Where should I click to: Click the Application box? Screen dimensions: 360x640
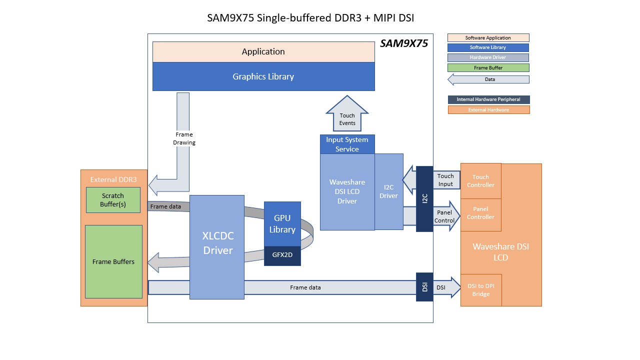pos(263,52)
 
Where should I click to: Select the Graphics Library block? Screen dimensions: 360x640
pos(263,76)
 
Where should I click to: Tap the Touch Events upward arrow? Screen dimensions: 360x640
pos(347,117)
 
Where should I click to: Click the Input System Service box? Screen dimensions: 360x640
pos(347,144)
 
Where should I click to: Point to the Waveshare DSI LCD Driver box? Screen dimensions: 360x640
pos(347,191)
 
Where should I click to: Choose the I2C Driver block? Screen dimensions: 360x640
pos(388,191)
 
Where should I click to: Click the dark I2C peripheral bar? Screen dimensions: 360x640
pos(424,198)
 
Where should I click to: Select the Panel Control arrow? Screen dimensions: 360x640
pos(445,216)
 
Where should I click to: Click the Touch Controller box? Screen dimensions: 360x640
pos(480,181)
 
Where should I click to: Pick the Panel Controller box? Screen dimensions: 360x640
pos(480,213)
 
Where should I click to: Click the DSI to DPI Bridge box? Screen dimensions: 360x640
pos(480,290)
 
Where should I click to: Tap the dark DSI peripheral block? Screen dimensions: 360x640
pos(424,287)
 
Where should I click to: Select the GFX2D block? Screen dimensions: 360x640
pos(282,254)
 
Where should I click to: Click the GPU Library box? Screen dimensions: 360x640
pos(282,223)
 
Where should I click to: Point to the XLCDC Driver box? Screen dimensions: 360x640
pos(217,245)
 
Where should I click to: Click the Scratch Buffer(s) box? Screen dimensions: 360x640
pos(113,199)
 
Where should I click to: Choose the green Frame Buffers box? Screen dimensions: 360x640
pos(113,261)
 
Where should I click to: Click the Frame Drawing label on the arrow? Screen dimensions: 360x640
pos(184,138)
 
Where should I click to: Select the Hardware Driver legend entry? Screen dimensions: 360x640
pos(488,57)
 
